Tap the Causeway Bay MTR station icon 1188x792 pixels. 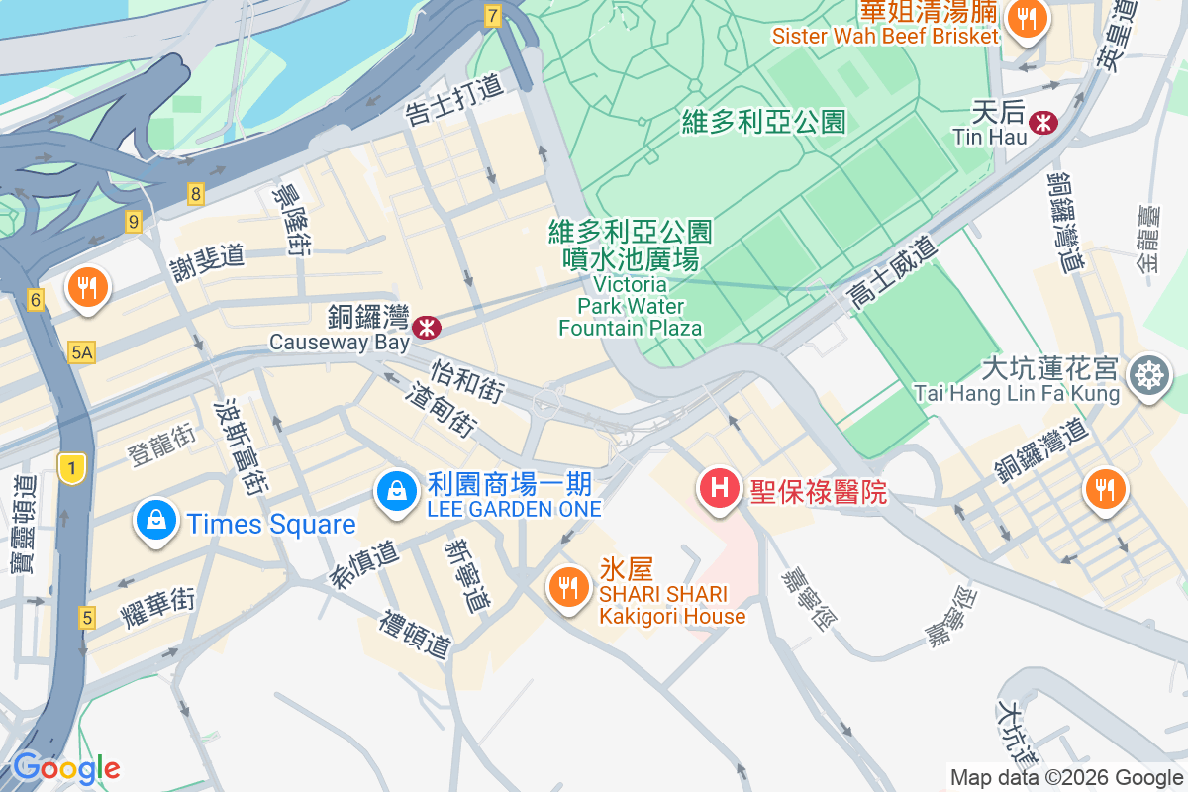(x=427, y=325)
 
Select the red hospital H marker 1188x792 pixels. (x=720, y=488)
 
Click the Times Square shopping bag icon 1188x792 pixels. (x=156, y=519)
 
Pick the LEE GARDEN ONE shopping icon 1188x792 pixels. (x=396, y=489)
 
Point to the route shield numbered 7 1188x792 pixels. (x=493, y=15)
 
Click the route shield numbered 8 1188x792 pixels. (x=196, y=194)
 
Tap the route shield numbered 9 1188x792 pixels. (x=134, y=221)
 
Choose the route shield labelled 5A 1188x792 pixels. (x=82, y=351)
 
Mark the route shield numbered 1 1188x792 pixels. (x=71, y=468)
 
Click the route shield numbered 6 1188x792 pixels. (x=37, y=299)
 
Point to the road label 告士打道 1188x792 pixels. (x=454, y=102)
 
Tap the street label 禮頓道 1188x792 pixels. (x=415, y=635)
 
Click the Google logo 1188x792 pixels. (x=65, y=768)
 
